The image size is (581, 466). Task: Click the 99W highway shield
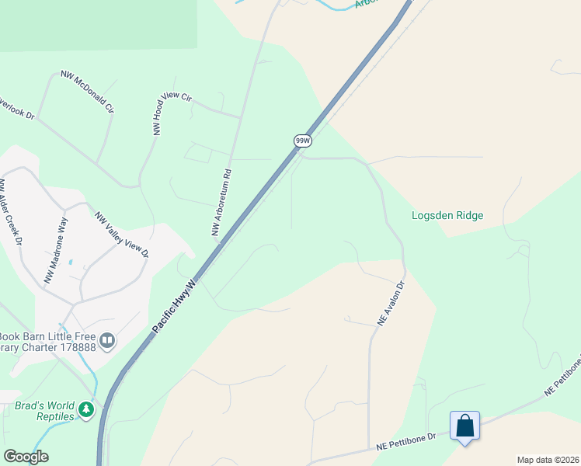coord(303,141)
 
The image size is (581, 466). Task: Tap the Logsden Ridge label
coord(447,215)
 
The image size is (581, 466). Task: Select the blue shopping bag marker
coord(464,426)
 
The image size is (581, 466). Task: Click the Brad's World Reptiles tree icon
coord(86,409)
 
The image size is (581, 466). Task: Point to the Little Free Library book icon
coord(107,340)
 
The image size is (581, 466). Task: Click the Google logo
coord(26,457)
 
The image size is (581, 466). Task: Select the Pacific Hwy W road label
coord(176,303)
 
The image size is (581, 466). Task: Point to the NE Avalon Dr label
coord(391,303)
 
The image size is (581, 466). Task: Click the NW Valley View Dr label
coord(121,235)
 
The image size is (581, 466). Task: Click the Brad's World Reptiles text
coord(45,411)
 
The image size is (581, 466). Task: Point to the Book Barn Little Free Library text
coord(47,341)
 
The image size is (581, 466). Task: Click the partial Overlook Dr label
coord(17,107)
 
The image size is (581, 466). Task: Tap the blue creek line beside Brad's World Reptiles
coord(94,381)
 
